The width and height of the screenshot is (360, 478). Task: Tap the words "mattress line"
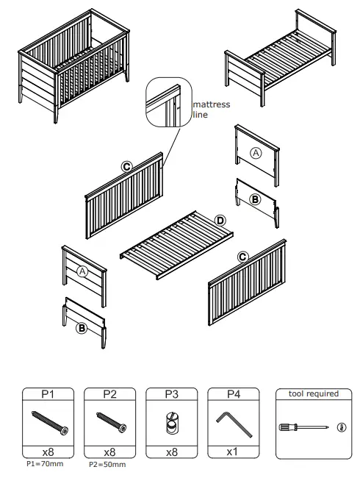coord(210,110)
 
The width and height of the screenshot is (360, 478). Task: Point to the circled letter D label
coord(220,220)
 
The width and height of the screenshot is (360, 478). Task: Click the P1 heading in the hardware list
coord(48,395)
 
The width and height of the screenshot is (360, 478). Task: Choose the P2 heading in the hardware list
coord(109,395)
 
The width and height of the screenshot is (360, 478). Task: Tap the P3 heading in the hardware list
coord(171,395)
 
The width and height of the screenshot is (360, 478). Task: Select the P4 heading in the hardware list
coord(233,395)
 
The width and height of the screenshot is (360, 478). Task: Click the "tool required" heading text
coord(313,394)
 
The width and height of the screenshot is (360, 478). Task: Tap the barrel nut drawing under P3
coord(171,425)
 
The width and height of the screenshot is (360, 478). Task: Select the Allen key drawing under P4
coord(233,424)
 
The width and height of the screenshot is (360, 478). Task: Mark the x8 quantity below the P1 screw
coord(48,452)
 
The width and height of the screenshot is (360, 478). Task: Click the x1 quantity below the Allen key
coord(233,452)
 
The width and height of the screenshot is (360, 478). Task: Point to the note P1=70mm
coord(45,465)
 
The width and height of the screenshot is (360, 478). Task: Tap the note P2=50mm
coord(107,465)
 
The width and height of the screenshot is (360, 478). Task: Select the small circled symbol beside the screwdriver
coord(340,427)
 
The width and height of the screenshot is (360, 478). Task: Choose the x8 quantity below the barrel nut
coord(171,452)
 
